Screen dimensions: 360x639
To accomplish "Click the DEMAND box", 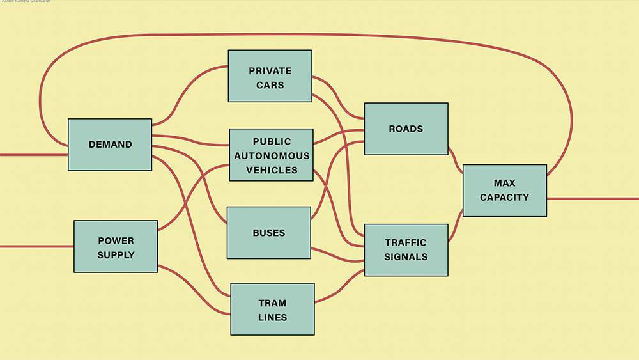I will tap(110, 145).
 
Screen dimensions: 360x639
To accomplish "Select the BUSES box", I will tap(268, 233).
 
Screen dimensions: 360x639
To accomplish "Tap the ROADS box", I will tap(406, 129).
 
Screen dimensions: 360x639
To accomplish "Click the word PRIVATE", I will tap(270, 71).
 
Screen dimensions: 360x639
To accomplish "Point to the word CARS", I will tap(270, 85).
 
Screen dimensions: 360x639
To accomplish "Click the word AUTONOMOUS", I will tap(272, 156).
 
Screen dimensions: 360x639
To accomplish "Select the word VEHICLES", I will tap(272, 170).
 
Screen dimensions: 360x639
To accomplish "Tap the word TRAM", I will tap(272, 303).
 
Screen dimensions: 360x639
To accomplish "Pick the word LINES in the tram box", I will tap(272, 317).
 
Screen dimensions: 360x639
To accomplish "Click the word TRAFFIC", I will tap(406, 243).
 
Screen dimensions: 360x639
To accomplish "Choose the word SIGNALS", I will tap(406, 257).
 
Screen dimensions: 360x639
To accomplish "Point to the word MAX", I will tap(504, 184).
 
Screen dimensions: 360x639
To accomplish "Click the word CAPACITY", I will tap(504, 198).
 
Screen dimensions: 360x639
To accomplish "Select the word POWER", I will tap(116, 241).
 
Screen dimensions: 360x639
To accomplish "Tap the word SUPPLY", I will tap(116, 255).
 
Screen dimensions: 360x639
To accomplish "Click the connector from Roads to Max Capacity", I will tap(455, 160).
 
